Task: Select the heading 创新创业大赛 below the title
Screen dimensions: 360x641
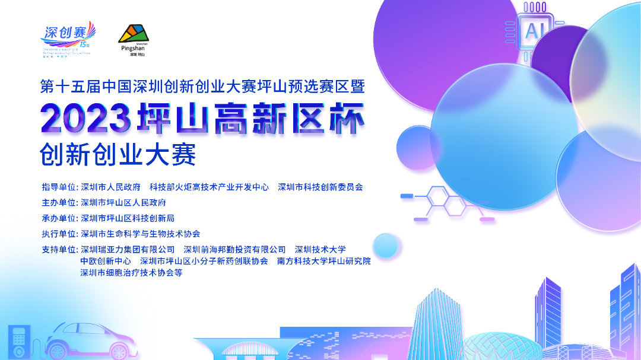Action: pos(118,155)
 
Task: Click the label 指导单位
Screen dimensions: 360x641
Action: pos(59,187)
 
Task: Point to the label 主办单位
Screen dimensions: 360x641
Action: pos(59,202)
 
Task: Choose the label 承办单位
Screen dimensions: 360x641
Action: pos(59,218)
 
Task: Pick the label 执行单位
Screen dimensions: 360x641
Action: pos(59,234)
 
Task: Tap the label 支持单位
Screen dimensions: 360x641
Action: pos(59,250)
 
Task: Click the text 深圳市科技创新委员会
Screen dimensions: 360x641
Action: pos(320,187)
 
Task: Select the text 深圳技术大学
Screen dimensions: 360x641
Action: pos(320,250)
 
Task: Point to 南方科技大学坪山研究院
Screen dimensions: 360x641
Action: pos(323,261)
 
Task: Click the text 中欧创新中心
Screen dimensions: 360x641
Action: pos(106,261)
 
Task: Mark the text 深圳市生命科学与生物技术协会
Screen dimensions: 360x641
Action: pos(140,234)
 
